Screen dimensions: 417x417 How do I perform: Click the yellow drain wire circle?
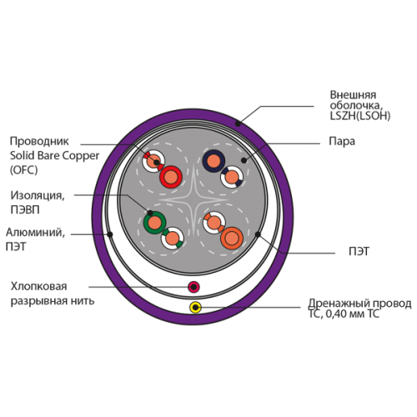coord(196,307)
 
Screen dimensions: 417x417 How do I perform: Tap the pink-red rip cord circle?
coord(193,287)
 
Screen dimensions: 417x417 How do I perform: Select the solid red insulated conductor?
coord(171,177)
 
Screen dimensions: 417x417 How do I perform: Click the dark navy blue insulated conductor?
coord(214,161)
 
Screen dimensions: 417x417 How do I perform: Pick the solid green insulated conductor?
coord(155,223)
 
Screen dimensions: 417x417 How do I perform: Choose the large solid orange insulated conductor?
coord(232,239)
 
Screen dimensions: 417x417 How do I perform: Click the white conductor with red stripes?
coord(153,161)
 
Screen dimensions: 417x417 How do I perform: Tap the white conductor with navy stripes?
coord(232,177)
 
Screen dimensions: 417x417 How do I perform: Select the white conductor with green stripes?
coord(173,239)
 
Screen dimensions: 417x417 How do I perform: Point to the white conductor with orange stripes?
coord(214,223)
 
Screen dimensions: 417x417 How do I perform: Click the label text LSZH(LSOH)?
coord(360,116)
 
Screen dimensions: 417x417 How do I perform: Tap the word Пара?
coord(342,141)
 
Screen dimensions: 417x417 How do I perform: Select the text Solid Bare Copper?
coord(54,156)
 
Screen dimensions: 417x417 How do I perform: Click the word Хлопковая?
coord(38,286)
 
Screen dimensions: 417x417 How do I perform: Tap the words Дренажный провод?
coord(359,304)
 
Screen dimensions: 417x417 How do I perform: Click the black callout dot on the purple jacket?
coord(238,123)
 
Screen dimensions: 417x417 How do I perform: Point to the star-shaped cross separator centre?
coord(194,199)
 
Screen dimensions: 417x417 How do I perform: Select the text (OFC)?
coord(23,170)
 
